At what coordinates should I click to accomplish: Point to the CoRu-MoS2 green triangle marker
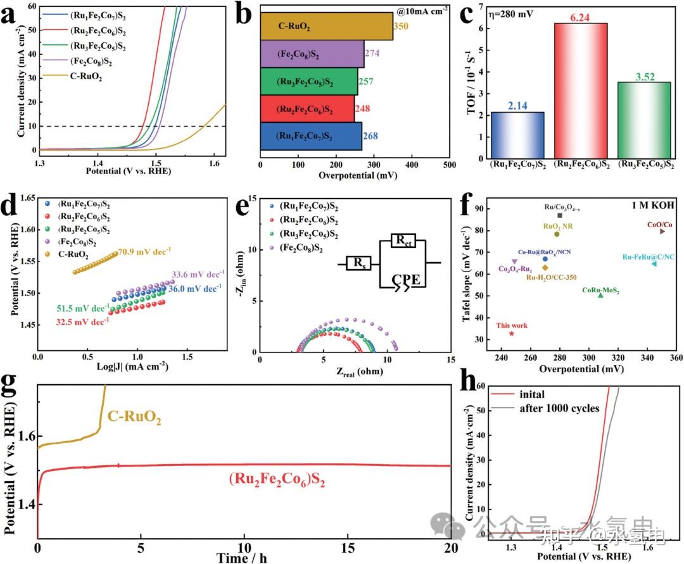pyautogui.click(x=601, y=295)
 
